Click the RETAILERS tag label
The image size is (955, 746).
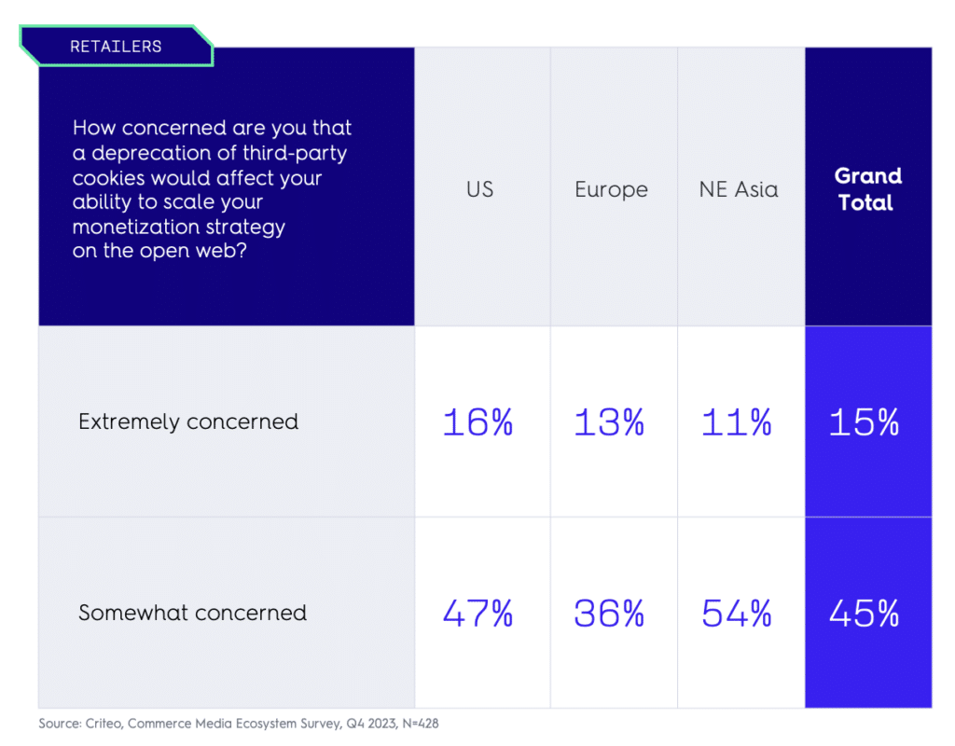[116, 46]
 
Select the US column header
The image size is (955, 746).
[479, 189]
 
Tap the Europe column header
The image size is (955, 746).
[611, 189]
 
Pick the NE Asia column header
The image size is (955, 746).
[738, 189]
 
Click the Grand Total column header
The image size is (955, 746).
[867, 189]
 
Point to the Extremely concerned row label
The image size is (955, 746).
[188, 421]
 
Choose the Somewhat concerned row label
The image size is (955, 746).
[192, 613]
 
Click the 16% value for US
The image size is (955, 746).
[477, 422]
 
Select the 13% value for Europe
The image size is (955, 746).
[609, 422]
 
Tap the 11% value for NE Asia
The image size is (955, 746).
[737, 422]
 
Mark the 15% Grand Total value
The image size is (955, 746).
[865, 422]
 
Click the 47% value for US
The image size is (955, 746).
[477, 614]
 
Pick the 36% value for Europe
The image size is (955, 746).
[609, 614]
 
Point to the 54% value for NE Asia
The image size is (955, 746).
[737, 614]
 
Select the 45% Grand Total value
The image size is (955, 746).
[865, 614]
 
